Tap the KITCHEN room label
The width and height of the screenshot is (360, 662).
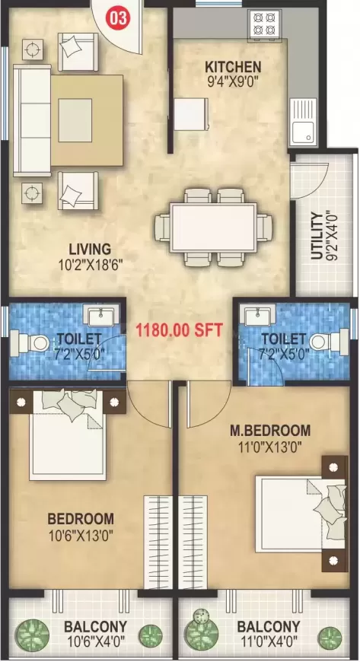point(233,67)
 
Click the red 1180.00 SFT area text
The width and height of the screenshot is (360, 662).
point(178,330)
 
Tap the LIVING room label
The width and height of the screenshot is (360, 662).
point(90,249)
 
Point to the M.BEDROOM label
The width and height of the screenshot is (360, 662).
point(270,431)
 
